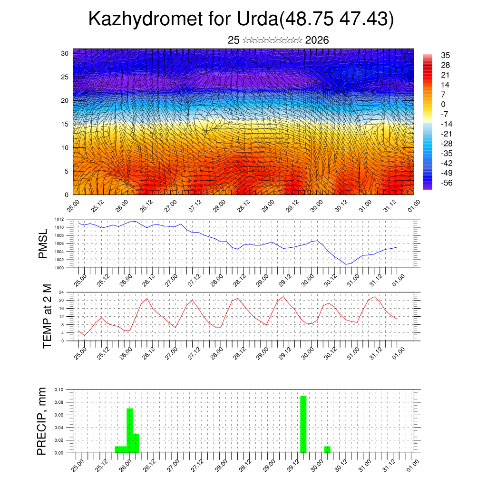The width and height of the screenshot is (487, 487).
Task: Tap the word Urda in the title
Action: point(257,19)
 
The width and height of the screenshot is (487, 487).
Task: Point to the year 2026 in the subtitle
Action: point(317,40)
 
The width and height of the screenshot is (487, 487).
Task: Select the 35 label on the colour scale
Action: point(446,55)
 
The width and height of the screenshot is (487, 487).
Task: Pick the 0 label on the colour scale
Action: point(443,104)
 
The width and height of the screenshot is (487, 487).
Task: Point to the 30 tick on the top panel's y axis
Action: point(65,53)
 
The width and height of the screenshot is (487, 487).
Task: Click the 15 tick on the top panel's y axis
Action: point(65,124)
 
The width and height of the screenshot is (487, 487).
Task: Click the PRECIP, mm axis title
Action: point(43,421)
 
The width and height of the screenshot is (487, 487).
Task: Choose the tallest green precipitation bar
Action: point(303,424)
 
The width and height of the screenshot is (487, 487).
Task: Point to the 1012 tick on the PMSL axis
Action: point(59,219)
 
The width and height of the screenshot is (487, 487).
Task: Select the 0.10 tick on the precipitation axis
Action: point(58,390)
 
